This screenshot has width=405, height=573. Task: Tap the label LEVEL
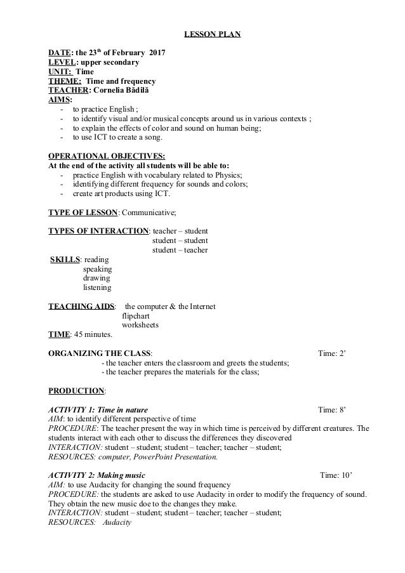(62, 62)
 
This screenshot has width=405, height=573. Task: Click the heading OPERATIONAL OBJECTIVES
(107, 156)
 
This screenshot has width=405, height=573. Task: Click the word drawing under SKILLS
(96, 278)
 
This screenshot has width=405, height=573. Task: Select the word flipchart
(135, 315)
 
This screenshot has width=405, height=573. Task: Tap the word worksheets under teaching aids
(140, 325)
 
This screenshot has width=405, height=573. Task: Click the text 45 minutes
(93, 334)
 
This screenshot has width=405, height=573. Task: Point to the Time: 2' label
(331, 353)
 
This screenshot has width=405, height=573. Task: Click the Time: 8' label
(331, 410)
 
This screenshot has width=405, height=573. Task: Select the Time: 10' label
(336, 475)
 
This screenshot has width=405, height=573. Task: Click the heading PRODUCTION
(77, 391)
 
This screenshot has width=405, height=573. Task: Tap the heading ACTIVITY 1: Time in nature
(98, 410)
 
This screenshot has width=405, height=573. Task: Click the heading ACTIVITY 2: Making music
(96, 475)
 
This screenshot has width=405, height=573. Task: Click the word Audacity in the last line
(116, 522)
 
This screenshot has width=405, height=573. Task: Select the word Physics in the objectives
(229, 175)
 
